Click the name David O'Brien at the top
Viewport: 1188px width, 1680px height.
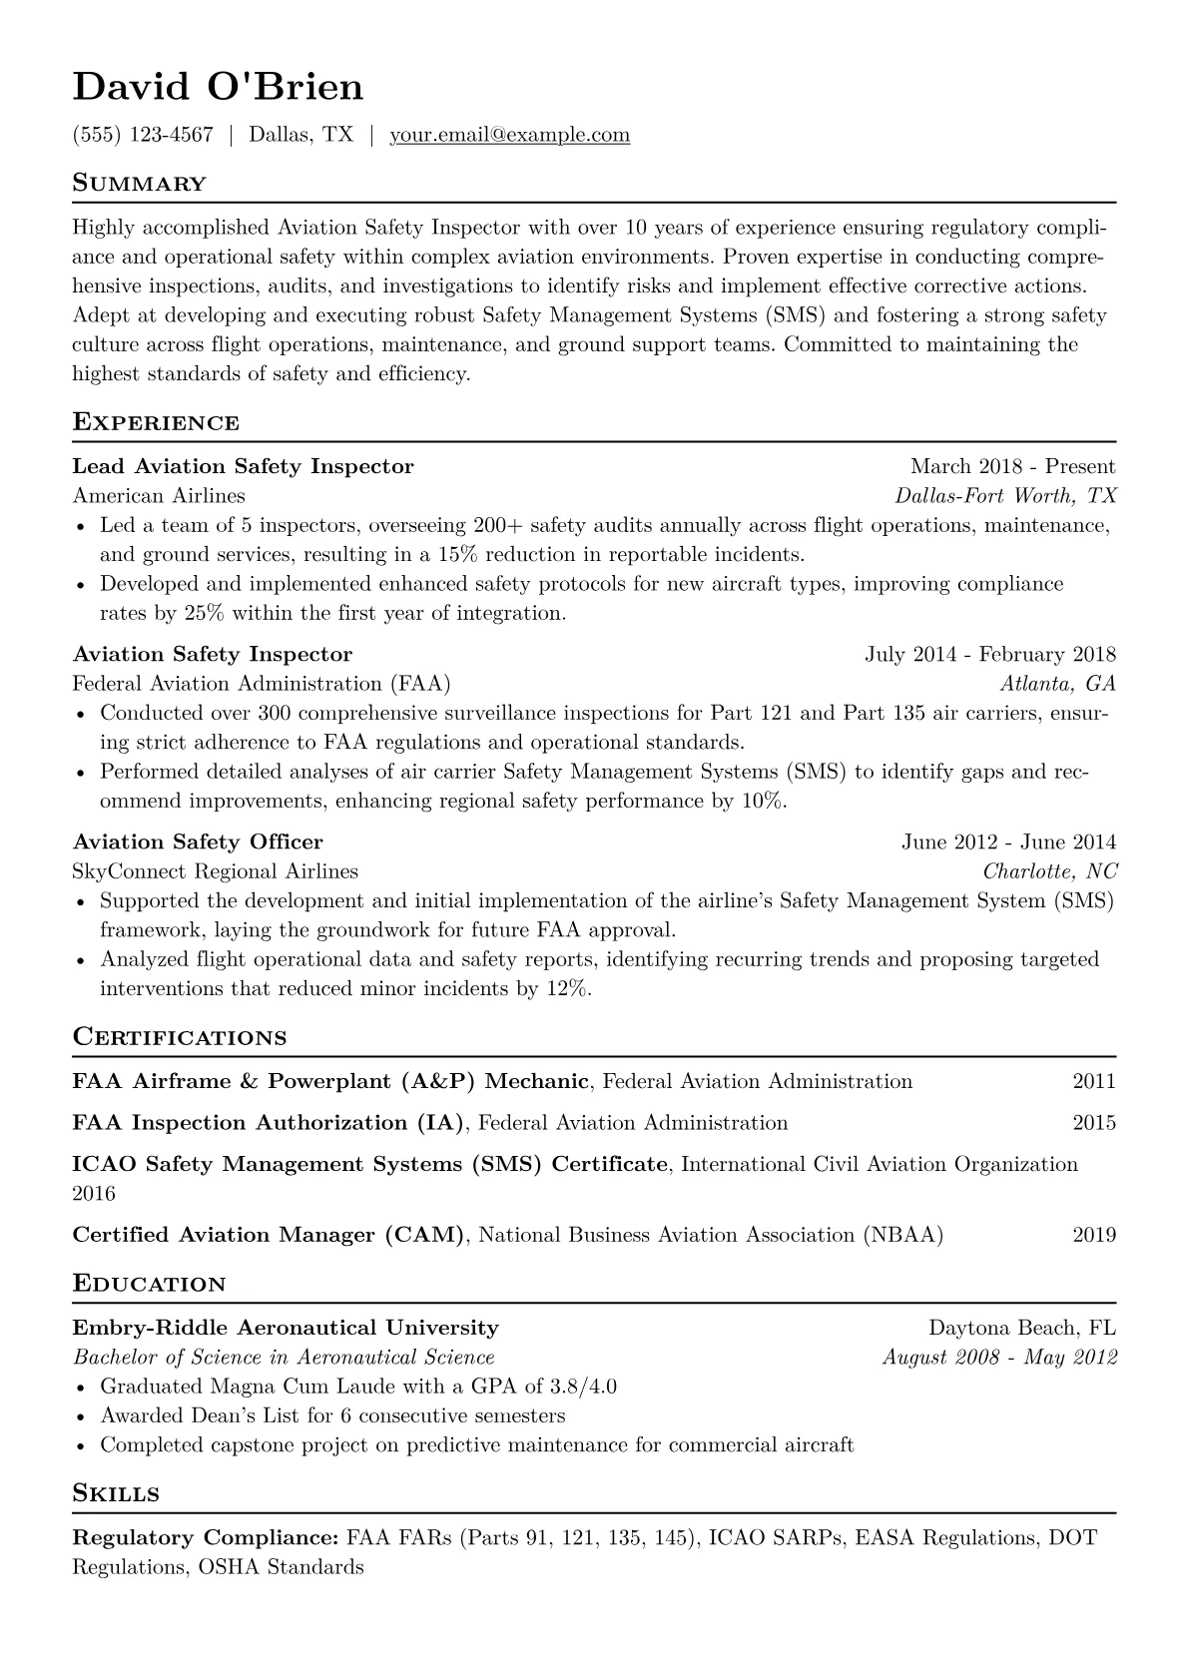point(218,88)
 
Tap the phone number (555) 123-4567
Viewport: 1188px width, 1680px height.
point(143,135)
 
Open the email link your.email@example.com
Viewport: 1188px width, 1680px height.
point(509,135)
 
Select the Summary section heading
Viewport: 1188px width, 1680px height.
point(139,184)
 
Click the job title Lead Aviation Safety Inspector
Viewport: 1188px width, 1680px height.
point(243,466)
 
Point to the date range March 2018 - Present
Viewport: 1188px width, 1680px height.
point(1012,466)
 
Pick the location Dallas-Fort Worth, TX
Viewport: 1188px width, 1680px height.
point(1005,496)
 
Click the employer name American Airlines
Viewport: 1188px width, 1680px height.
point(159,496)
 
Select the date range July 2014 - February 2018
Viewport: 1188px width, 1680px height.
point(989,655)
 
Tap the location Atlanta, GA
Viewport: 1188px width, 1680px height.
point(1057,684)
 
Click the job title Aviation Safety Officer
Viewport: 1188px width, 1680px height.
point(198,842)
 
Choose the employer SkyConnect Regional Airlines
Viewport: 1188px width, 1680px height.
point(215,871)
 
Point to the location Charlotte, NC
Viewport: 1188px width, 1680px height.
point(1050,871)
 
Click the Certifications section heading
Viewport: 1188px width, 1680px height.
point(180,1037)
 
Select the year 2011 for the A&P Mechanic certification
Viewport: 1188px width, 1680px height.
point(1094,1081)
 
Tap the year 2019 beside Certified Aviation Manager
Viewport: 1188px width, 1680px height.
point(1094,1236)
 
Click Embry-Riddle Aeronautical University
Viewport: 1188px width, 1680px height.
point(286,1329)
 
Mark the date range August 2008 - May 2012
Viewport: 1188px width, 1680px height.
point(999,1358)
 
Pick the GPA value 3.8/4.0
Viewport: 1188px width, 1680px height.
point(583,1387)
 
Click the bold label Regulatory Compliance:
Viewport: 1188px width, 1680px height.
point(206,1537)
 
